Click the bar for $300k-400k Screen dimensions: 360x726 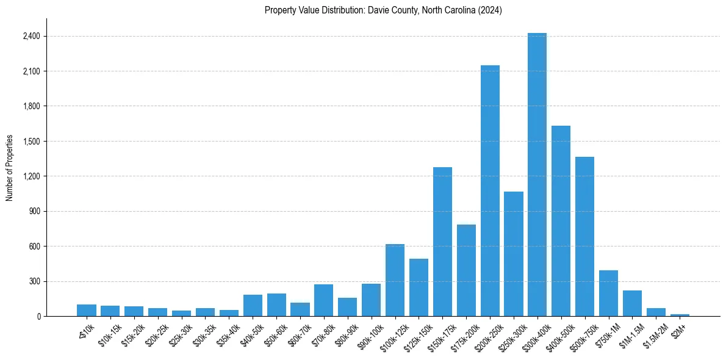537,177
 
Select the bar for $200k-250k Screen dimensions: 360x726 490,192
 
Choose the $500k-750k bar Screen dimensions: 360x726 584,237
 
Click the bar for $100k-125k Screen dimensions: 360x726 395,281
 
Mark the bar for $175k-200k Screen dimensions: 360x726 466,271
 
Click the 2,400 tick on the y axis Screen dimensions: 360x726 31,37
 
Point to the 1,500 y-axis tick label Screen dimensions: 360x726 31,142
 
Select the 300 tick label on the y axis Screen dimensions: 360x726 34,282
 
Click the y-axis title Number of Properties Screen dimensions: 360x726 10,168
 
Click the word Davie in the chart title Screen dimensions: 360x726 378,10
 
